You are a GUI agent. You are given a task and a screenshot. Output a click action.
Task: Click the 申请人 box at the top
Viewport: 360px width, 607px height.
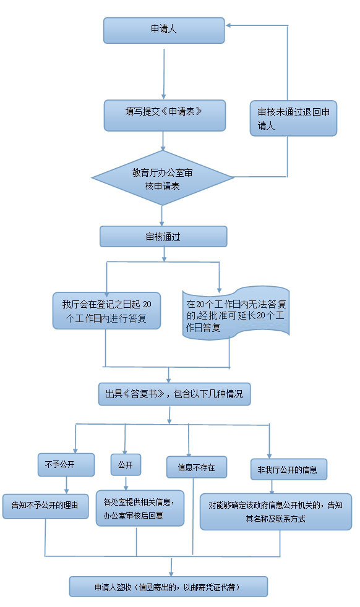point(163,30)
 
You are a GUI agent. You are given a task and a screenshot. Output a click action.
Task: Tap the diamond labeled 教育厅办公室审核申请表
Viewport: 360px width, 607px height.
point(163,179)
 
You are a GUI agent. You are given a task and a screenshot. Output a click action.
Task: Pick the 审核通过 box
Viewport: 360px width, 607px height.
point(163,236)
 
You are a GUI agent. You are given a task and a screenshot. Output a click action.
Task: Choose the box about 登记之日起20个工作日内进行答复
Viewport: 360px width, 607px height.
point(106,310)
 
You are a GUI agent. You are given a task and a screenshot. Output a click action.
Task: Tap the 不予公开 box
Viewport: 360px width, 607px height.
point(66,464)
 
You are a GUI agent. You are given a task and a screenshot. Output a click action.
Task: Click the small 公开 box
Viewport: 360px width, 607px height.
point(126,464)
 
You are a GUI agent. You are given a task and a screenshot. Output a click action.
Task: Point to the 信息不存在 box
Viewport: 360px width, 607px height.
point(196,467)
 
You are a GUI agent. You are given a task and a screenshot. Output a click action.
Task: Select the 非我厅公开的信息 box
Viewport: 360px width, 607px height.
point(288,469)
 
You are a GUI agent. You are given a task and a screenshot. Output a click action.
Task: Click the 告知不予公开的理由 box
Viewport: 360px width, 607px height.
point(45,505)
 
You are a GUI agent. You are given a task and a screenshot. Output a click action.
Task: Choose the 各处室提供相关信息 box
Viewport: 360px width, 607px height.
point(140,507)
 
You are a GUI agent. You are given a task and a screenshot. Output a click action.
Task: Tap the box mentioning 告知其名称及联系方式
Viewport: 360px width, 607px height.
point(275,511)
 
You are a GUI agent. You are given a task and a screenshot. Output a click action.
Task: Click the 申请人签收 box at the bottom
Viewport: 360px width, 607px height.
point(168,586)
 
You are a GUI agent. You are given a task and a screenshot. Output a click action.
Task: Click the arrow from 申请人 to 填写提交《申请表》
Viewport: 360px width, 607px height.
point(163,73)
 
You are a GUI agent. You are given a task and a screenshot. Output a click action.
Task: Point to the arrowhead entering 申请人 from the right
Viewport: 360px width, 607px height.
point(229,25)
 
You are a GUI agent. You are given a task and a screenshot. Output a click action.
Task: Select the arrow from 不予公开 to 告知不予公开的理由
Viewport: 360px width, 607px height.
point(67,485)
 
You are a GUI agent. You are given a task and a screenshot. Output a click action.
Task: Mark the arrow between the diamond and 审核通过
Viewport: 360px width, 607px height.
point(162,215)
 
